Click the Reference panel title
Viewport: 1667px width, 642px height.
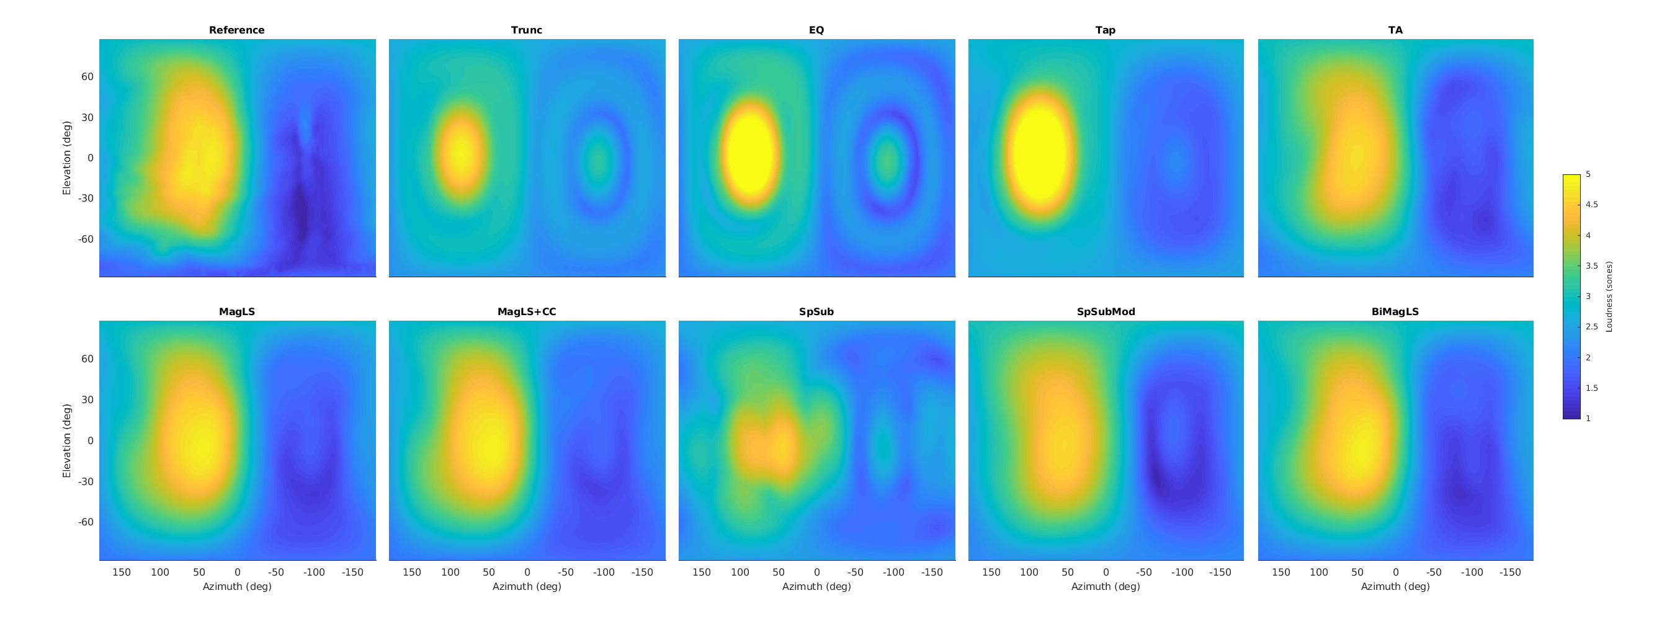[x=236, y=30]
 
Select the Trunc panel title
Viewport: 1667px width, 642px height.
[x=526, y=30]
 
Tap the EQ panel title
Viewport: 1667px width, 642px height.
[x=816, y=30]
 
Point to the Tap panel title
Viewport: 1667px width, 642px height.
[x=1106, y=30]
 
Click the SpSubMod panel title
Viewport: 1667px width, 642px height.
[x=1106, y=311]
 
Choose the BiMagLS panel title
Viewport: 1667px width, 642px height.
[x=1395, y=311]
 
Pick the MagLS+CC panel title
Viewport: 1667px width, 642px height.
[x=526, y=311]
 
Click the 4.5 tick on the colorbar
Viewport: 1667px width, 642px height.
[x=1591, y=205]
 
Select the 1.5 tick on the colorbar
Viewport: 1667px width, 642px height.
[x=1591, y=388]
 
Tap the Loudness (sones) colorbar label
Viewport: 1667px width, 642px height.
[x=1609, y=296]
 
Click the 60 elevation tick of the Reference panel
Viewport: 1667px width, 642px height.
[x=87, y=76]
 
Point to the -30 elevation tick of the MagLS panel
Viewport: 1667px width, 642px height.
[x=86, y=481]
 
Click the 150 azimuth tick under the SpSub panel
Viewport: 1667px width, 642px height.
[x=702, y=572]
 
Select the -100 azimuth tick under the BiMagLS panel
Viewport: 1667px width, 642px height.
[x=1472, y=572]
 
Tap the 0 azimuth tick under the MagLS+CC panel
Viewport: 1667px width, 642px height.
[x=527, y=572]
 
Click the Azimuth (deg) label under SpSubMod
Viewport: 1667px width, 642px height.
[x=1106, y=586]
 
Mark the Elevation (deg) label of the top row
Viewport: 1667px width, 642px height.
[x=66, y=158]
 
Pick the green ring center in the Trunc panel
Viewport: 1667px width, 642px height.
[x=598, y=159]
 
